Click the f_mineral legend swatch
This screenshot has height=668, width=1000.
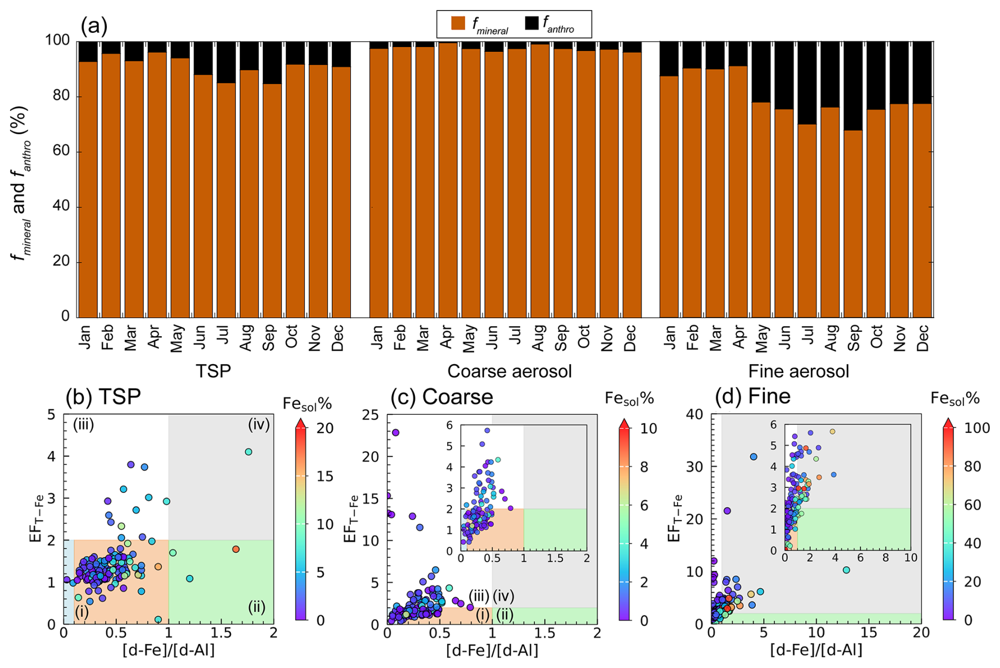[458, 23]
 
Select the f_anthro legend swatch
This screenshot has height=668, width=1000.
[531, 23]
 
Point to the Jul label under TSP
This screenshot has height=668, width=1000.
[223, 335]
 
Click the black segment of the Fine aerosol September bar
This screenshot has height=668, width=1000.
[854, 86]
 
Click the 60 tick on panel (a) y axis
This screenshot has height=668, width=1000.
[61, 151]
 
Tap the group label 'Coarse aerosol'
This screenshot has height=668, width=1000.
[510, 372]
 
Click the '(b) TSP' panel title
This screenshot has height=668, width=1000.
[104, 396]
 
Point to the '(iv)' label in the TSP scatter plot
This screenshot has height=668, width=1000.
[259, 424]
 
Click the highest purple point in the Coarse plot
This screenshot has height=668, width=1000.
[395, 433]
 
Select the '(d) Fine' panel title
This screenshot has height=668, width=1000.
[753, 396]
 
